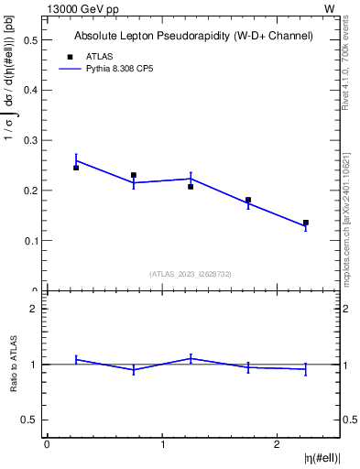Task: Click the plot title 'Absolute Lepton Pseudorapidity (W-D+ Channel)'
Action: click(x=193, y=36)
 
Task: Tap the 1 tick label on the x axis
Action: click(x=162, y=444)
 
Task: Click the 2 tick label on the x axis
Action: click(x=278, y=444)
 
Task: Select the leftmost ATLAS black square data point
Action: click(x=76, y=168)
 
